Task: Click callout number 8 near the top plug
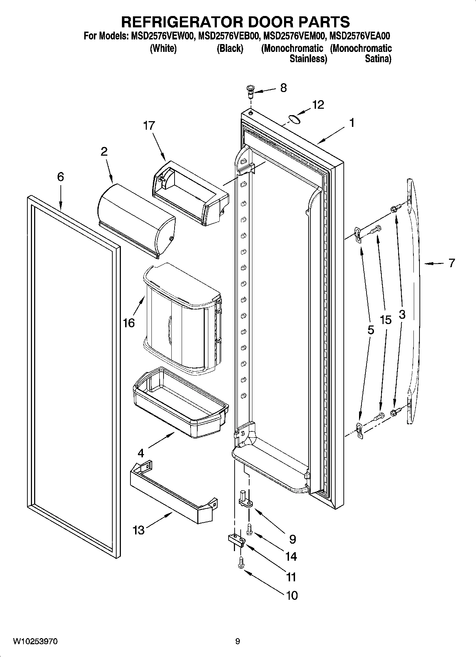coord(283,88)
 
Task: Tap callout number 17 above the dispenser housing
coord(149,125)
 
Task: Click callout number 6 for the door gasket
coord(60,177)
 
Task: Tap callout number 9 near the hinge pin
coord(292,539)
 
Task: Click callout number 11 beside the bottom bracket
coord(291,577)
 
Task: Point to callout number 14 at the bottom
coord(291,556)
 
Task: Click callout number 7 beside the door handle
coord(451,263)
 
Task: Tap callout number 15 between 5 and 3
coord(385,320)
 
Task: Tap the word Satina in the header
coord(378,59)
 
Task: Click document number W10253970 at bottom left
coord(35,641)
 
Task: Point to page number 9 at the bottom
coord(237,641)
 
